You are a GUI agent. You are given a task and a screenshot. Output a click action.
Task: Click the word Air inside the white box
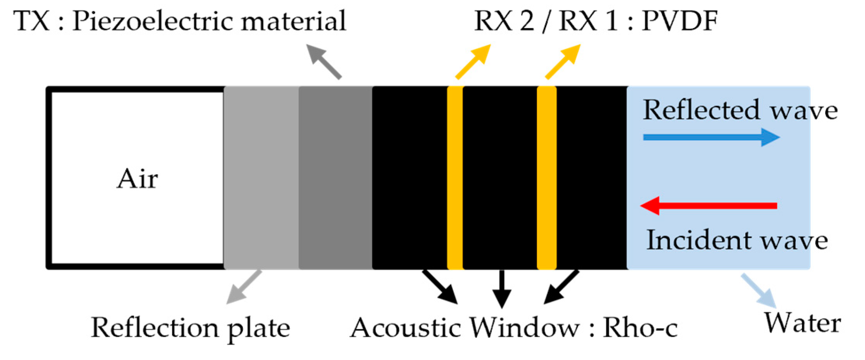[x=137, y=179]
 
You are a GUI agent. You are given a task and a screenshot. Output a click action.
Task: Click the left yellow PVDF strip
[x=455, y=178]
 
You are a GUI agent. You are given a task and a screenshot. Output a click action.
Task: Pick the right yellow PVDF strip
[x=546, y=178]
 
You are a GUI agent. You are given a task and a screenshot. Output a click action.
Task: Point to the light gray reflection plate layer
[x=261, y=178]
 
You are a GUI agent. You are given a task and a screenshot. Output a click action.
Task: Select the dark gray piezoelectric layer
[x=336, y=178]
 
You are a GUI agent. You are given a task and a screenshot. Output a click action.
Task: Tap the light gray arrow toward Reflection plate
[x=244, y=287]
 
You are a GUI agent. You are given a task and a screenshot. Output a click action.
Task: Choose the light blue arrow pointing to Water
[x=759, y=291]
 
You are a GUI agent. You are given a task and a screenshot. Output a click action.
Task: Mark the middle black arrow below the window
[x=502, y=289]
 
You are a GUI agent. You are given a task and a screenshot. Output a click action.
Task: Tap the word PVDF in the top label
[x=679, y=21]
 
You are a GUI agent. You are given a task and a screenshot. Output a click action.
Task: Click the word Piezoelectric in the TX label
[x=153, y=21]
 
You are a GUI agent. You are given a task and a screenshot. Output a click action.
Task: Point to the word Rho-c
[x=640, y=328]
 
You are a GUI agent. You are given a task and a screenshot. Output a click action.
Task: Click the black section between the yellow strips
[x=500, y=178]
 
